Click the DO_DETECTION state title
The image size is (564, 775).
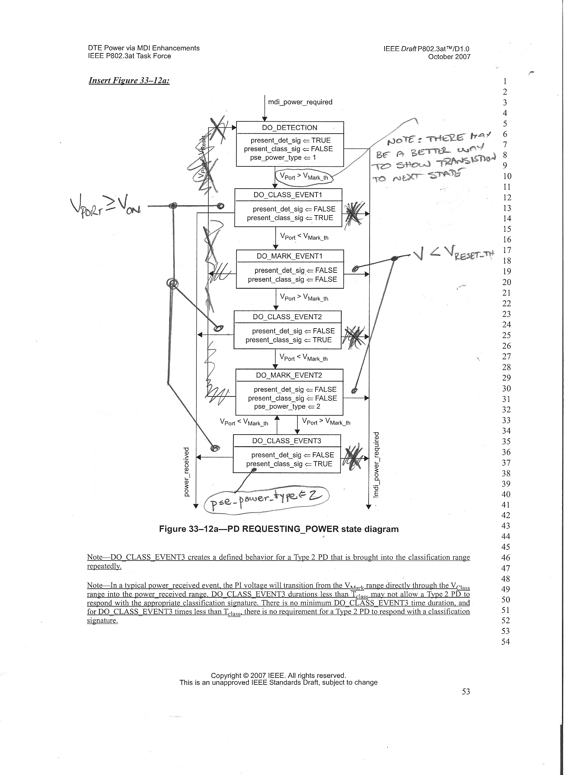tap(289, 128)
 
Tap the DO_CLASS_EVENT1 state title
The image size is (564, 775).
tap(288, 195)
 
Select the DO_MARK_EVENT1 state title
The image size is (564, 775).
tap(289, 256)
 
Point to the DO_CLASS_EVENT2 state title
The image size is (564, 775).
tap(287, 317)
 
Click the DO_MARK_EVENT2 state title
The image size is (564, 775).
tap(289, 375)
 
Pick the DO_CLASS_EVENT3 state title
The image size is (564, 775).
tap(287, 441)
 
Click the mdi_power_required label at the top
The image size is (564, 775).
tap(300, 102)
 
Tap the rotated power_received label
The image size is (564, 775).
tap(186, 472)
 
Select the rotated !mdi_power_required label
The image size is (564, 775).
tap(376, 465)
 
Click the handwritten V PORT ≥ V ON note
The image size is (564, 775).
tap(106, 206)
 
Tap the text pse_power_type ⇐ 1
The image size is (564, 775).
tap(283, 157)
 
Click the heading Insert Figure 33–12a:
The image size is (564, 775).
tap(129, 81)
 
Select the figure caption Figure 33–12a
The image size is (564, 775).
tap(278, 529)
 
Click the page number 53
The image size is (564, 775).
tap(465, 691)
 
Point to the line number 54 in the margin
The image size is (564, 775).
tap(506, 642)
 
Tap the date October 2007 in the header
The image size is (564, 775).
tap(449, 57)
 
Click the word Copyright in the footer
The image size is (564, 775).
tap(226, 676)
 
